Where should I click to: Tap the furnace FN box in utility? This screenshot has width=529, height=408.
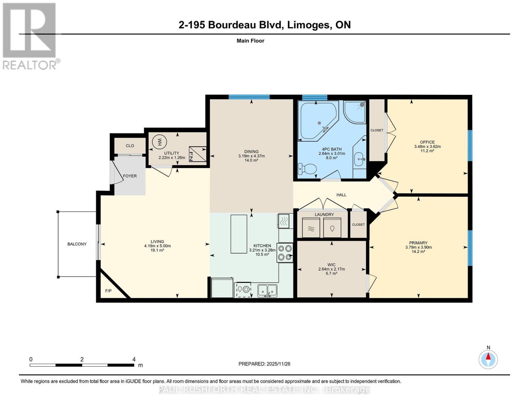pos(198,154)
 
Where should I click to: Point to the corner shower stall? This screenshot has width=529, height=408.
pos(355,112)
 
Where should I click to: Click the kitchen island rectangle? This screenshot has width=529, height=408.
pos(239,234)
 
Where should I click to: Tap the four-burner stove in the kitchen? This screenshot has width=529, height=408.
pos(285,253)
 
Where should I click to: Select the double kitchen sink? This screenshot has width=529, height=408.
pos(267,290)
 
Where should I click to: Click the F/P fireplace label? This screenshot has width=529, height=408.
pos(108,291)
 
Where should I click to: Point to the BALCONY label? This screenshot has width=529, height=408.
pos(77,244)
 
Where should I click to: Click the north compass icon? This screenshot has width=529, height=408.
pos(488,359)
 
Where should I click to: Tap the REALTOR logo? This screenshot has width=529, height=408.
pos(30,36)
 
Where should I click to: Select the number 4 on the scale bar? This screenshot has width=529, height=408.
pos(134,359)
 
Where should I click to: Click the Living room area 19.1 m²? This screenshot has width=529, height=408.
pos(157,250)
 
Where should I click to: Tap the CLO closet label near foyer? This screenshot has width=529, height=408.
pos(130,146)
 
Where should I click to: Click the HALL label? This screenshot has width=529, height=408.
pos(341,195)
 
